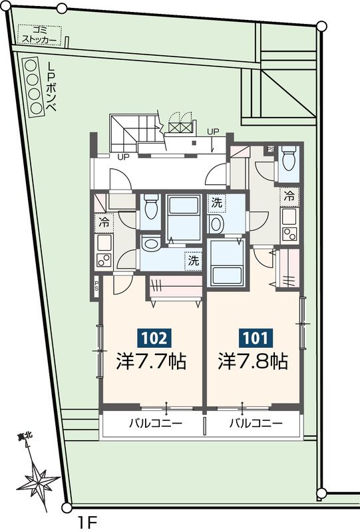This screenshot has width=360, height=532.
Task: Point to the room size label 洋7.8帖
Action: click(253, 362)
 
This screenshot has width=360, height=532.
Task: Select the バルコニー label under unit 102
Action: click(151, 424)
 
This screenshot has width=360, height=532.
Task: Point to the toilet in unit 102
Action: click(150, 205)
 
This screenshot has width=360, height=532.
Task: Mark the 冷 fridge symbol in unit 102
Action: click(104, 221)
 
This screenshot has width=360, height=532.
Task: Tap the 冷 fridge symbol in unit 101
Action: click(289, 196)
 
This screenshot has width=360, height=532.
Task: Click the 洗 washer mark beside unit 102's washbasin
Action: click(192, 261)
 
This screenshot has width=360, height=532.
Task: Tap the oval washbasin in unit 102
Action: click(151, 245)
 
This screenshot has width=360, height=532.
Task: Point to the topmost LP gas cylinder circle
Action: click(31, 65)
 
